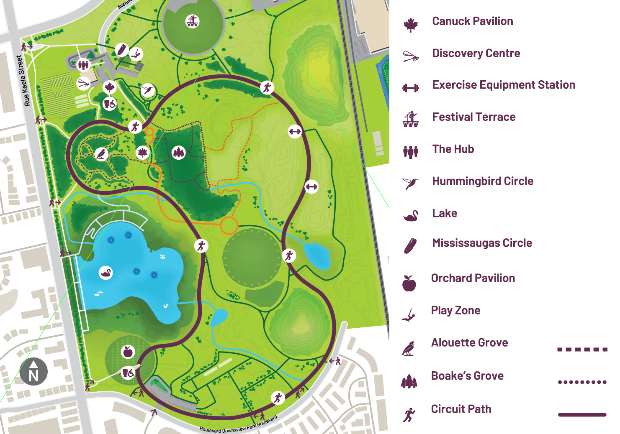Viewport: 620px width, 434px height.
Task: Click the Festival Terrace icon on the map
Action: [193, 21]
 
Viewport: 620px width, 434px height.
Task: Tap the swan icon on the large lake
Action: [106, 273]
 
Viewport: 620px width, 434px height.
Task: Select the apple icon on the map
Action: [128, 352]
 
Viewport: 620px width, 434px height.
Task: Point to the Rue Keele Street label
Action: [23, 81]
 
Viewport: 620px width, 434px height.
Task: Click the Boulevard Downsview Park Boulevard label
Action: [238, 425]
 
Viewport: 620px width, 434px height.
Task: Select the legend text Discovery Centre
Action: [476, 54]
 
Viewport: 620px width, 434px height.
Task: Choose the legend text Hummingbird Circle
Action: [483, 181]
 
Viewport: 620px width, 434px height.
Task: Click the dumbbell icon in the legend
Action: [411, 88]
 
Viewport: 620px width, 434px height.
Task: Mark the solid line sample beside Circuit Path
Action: [582, 415]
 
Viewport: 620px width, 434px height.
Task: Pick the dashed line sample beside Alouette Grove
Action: [582, 350]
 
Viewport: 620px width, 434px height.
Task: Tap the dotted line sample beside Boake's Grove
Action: [582, 382]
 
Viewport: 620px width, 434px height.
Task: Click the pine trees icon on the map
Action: [179, 152]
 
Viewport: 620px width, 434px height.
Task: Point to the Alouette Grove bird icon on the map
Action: [101, 154]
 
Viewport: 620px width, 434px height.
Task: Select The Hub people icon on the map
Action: [84, 64]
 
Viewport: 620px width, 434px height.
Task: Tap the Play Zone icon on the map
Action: [136, 54]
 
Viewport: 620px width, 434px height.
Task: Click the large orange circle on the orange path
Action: [229, 225]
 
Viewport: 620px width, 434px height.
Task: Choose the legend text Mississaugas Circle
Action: [482, 243]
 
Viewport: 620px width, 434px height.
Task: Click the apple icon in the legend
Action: [409, 283]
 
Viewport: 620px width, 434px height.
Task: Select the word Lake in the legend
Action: [445, 213]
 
